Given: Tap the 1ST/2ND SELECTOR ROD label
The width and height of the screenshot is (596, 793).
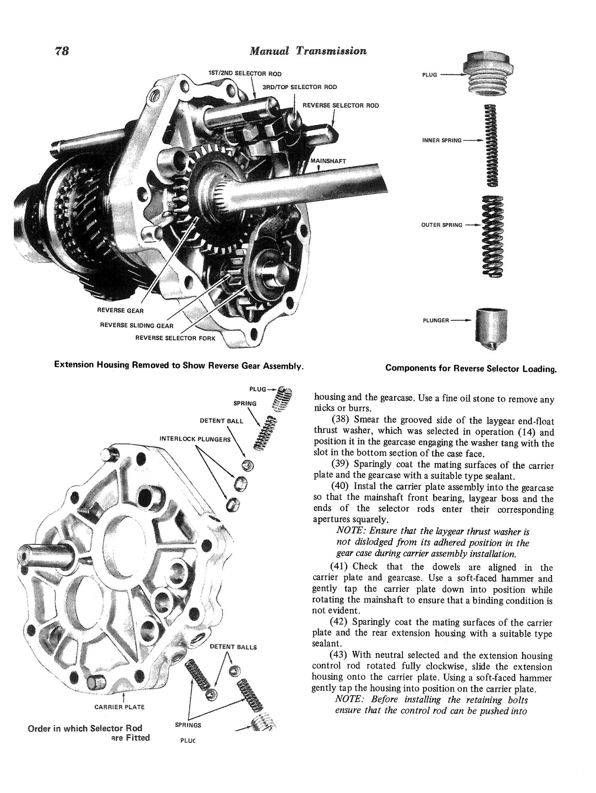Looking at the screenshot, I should pos(245,74).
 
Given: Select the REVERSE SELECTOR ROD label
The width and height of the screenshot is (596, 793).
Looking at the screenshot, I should pos(341,105).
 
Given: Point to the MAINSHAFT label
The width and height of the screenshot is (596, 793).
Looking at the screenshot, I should pos(328,161).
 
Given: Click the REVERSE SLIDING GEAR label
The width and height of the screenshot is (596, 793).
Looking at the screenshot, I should pos(137,326).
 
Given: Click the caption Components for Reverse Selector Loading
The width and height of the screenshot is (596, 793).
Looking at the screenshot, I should pos(471,368).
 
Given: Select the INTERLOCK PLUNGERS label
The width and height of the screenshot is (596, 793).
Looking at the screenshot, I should pos(195,439).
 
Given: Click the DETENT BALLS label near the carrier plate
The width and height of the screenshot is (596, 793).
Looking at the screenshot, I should pos(233,647).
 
